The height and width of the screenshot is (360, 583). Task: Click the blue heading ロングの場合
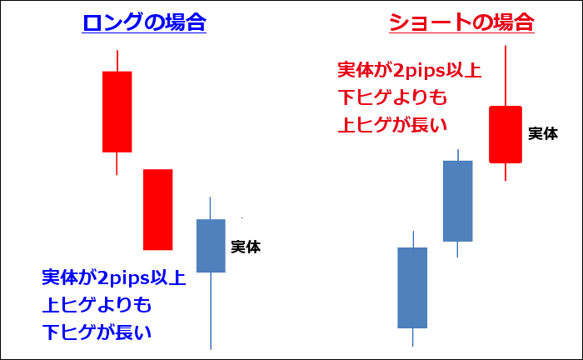144,22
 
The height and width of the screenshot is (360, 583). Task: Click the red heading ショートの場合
461,22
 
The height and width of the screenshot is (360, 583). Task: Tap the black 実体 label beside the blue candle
246,247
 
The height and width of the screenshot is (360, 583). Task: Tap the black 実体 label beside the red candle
543,133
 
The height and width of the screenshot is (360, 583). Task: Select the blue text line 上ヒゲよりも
97,305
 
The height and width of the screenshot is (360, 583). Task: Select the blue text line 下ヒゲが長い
97,332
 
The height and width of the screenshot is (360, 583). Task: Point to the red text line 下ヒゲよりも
392,97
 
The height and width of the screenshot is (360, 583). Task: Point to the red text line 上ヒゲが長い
392,125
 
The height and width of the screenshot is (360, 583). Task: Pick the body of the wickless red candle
158,210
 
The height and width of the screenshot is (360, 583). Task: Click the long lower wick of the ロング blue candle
211,311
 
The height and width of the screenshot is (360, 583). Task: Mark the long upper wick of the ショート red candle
506,76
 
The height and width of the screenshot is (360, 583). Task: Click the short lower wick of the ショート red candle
506,172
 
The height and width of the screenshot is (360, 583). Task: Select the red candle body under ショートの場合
506,135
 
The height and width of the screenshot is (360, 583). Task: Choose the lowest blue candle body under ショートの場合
412,287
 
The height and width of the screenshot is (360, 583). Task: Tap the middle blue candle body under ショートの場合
458,201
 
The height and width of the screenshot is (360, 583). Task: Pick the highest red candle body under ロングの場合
117,112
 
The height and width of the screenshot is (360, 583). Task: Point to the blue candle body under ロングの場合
211,246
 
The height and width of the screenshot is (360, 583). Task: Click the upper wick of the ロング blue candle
210,207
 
